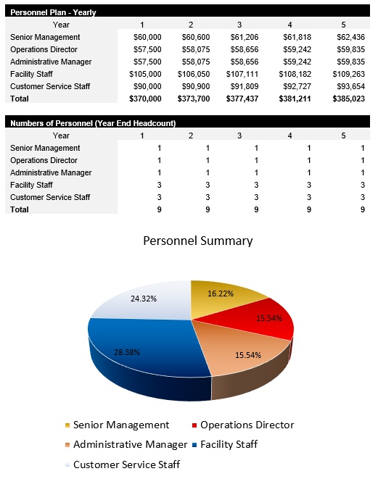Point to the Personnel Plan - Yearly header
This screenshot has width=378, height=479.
coord(54,12)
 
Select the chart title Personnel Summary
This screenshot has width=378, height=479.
coord(197,241)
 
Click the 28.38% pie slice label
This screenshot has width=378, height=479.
coord(128,352)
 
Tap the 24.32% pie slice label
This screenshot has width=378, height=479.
coord(144,297)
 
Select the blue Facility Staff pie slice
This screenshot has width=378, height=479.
coord(138,362)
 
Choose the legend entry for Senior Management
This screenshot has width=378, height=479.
coord(120,425)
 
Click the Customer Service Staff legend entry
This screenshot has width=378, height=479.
coord(126,465)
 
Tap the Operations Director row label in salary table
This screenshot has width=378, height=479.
coord(44,49)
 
